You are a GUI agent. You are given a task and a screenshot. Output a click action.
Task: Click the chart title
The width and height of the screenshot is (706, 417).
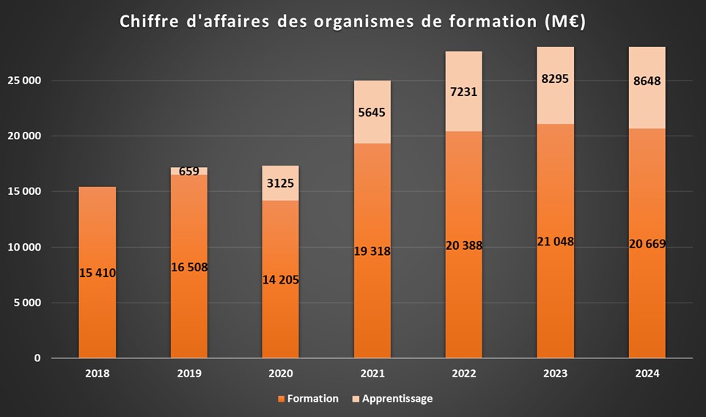(353, 22)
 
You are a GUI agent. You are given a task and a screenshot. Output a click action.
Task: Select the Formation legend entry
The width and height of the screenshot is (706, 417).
(308, 399)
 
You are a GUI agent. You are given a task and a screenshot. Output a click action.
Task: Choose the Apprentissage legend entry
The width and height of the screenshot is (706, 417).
(394, 399)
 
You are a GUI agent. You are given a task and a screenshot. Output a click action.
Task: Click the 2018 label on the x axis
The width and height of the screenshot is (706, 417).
(97, 373)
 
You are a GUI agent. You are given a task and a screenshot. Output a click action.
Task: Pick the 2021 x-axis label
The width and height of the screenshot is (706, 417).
(372, 373)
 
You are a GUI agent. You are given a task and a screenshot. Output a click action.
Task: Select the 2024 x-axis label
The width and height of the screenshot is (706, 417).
(647, 373)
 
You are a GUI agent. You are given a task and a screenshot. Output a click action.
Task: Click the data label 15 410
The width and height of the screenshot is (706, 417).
(97, 273)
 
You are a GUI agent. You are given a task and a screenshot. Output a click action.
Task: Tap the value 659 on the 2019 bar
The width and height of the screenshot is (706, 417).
(188, 172)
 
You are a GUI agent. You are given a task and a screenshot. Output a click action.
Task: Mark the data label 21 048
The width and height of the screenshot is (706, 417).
(555, 242)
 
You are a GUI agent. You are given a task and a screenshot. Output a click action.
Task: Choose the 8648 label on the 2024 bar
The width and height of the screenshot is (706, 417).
(647, 81)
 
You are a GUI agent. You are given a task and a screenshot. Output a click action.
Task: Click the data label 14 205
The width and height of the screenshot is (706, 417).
(280, 279)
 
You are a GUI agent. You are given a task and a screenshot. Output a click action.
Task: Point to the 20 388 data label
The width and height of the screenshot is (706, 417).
(463, 246)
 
